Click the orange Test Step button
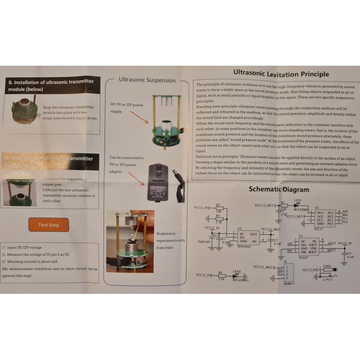click(x=49, y=225)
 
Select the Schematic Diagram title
click(x=279, y=189)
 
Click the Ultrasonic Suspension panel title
click(x=147, y=80)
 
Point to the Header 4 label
click(x=287, y=283)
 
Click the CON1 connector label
click(x=327, y=266)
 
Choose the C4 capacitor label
click(x=349, y=253)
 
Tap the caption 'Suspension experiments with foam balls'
click(x=171, y=237)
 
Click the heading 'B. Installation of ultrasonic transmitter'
click(x=50, y=85)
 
